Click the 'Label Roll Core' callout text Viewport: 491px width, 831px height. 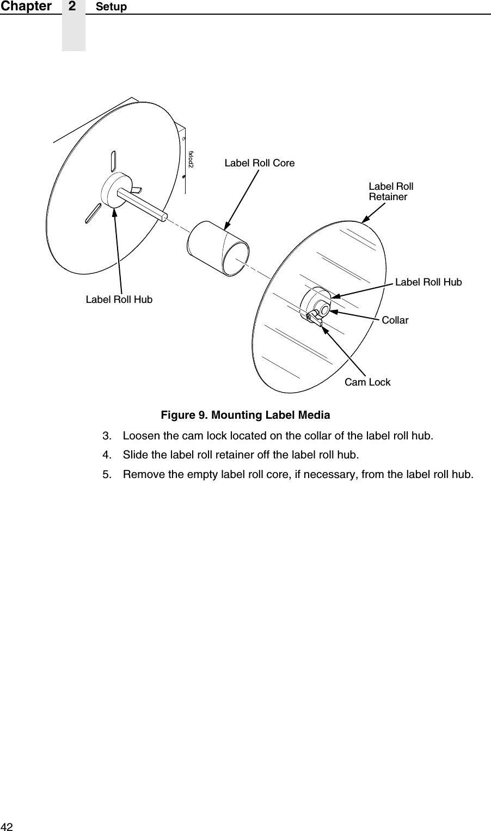[260, 163]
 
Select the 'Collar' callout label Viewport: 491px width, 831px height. [395, 320]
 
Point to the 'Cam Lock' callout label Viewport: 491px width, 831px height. [367, 382]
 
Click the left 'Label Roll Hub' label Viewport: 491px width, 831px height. [119, 299]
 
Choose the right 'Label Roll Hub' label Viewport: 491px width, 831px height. [428, 282]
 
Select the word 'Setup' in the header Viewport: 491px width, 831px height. [111, 7]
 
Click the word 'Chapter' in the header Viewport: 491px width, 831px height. [26, 6]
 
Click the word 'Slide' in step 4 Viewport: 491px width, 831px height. [134, 455]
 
